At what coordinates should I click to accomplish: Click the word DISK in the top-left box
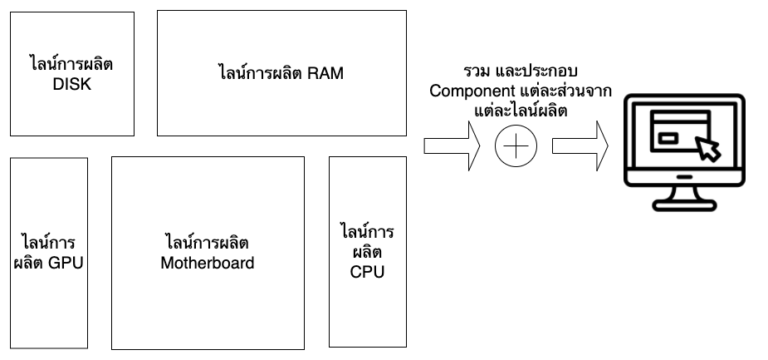tap(70, 85)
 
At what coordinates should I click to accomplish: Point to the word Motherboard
tap(208, 264)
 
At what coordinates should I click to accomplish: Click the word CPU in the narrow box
tap(367, 272)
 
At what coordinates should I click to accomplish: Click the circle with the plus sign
tap(515, 147)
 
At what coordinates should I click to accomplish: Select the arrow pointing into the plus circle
tap(452, 147)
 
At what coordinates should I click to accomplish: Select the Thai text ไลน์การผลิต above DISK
tap(70, 65)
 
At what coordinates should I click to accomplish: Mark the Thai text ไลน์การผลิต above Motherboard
tap(208, 244)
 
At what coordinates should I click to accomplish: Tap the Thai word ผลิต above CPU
tap(367, 252)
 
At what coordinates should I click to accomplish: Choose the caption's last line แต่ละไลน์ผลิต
tap(514, 111)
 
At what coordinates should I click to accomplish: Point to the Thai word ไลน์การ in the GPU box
tap(49, 244)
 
